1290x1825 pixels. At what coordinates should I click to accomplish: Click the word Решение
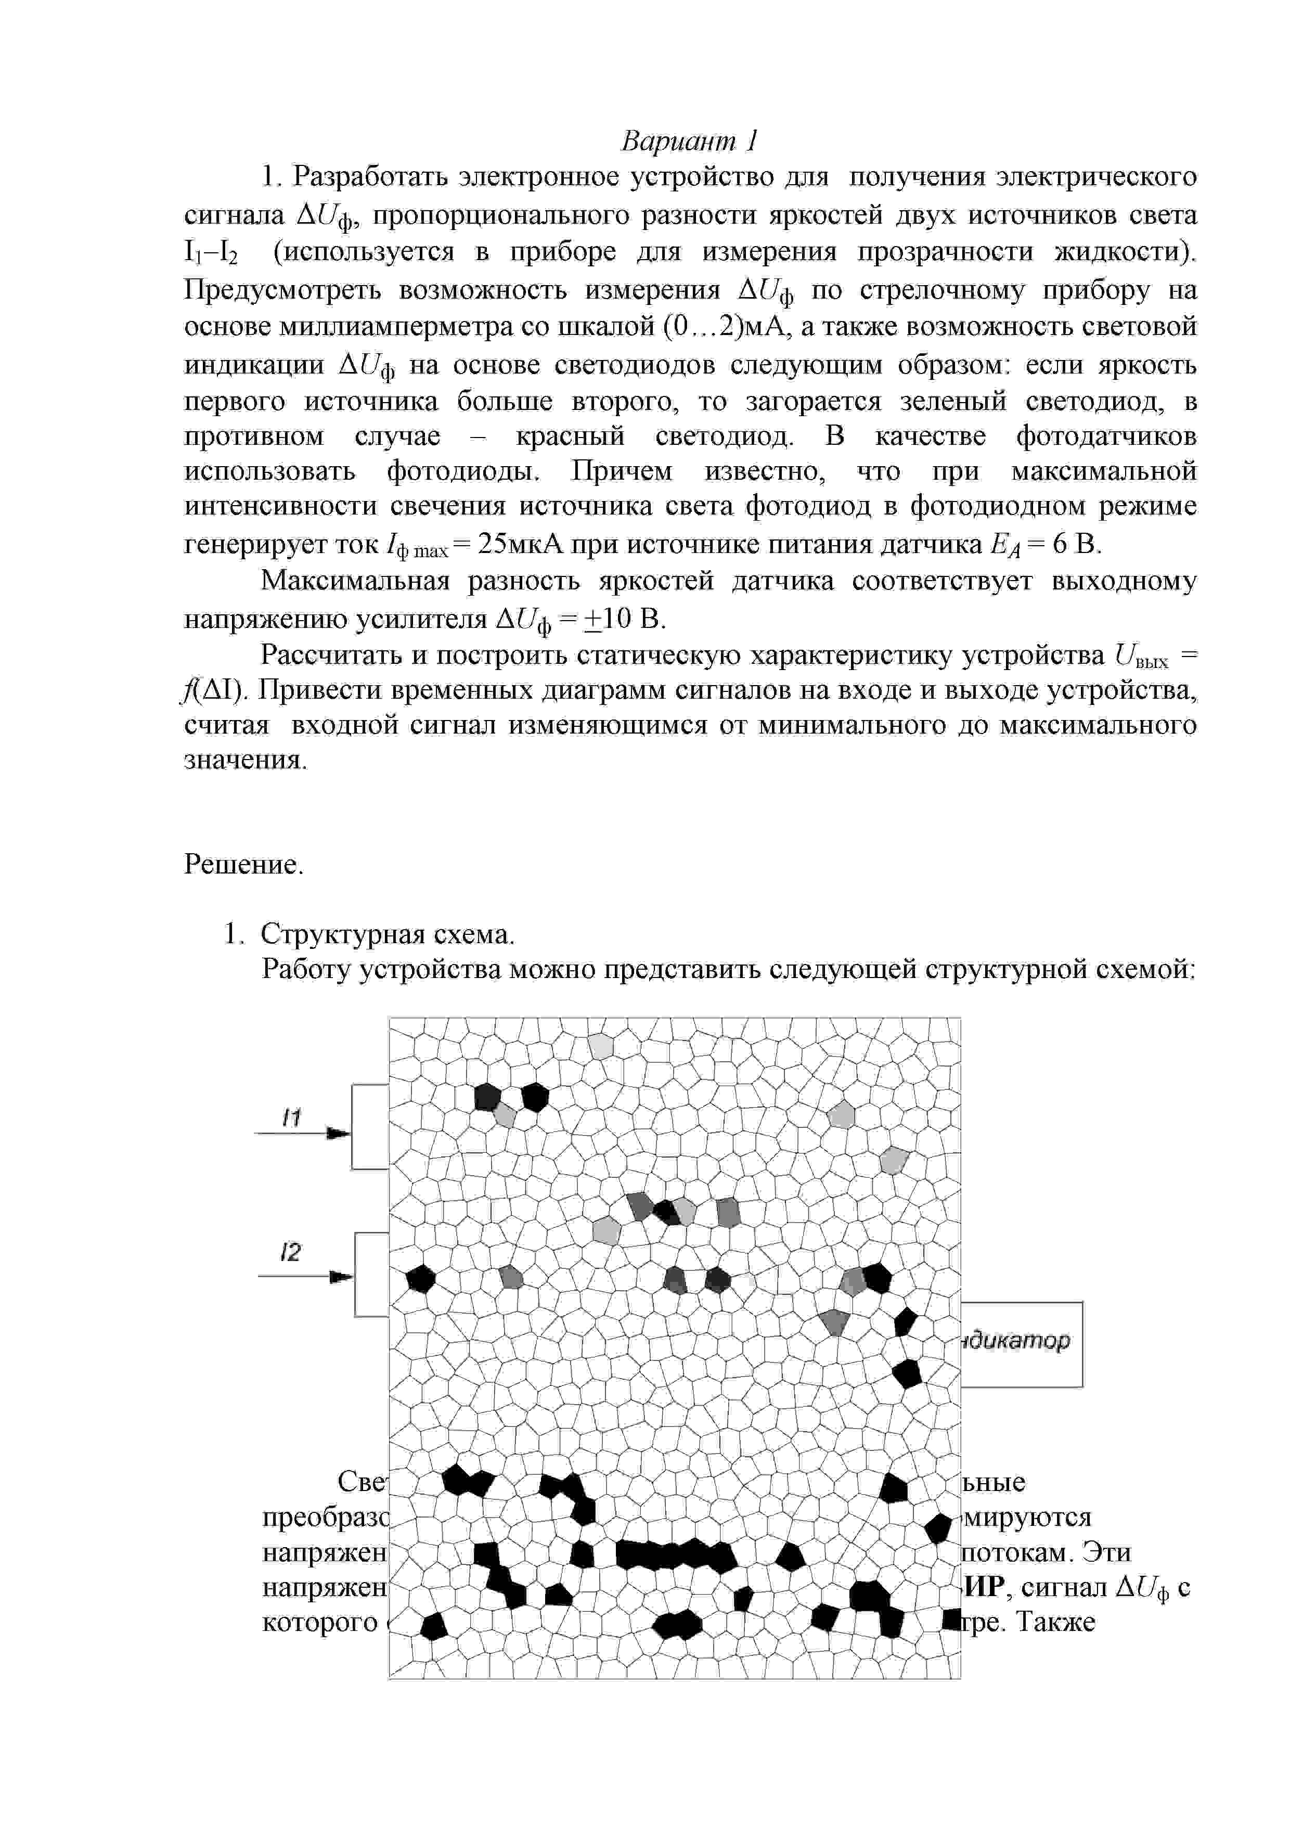(244, 864)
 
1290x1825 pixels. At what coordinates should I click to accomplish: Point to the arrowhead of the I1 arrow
(340, 1134)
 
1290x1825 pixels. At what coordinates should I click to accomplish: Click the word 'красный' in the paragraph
(570, 436)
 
